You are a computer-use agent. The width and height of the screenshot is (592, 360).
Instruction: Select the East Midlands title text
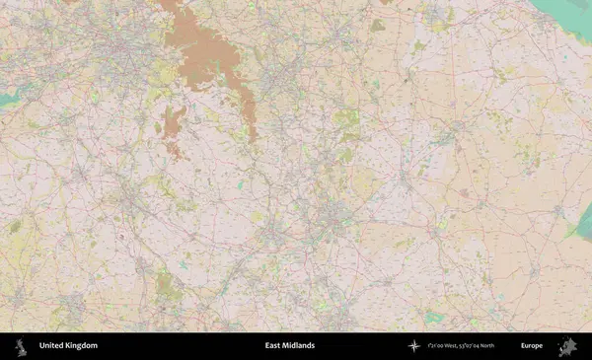point(290,346)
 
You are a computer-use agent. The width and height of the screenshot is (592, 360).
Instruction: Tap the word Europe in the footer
point(532,346)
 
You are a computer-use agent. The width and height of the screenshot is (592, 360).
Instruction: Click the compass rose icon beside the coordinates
point(413,346)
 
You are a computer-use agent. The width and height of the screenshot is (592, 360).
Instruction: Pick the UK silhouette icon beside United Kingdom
point(20,346)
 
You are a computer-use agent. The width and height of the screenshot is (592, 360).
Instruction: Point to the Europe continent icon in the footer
point(566,346)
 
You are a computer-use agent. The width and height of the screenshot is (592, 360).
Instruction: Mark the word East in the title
point(272,346)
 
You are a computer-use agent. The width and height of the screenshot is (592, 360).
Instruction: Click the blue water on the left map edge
point(8,100)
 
